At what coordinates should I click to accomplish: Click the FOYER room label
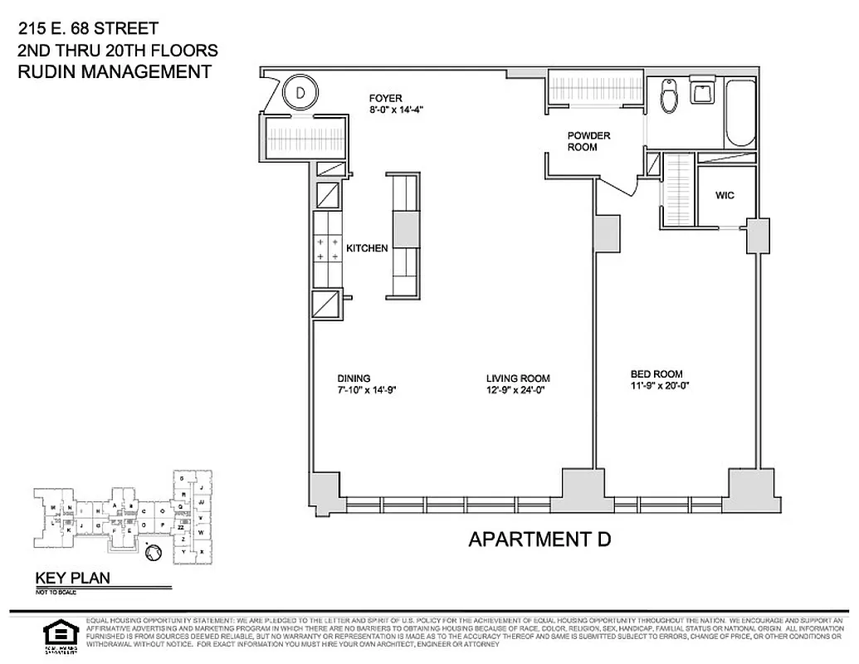point(386,98)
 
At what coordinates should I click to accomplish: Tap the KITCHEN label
point(367,248)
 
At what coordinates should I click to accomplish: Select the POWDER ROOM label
point(588,141)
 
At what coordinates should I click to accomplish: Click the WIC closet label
point(725,196)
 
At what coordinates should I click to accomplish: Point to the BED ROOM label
point(656,373)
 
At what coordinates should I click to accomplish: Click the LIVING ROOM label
point(518,378)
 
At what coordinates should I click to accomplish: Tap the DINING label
point(354,378)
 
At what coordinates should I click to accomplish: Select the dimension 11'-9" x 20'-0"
point(660,385)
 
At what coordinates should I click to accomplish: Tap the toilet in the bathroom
point(670,97)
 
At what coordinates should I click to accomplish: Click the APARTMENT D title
point(539,539)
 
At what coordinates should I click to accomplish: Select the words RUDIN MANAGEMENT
point(115,71)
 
